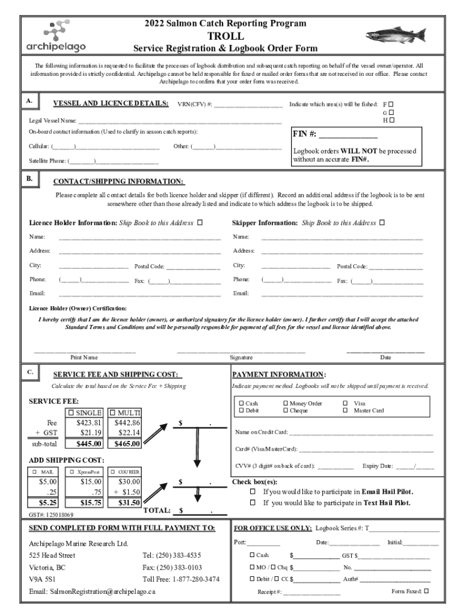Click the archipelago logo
pos(56,35)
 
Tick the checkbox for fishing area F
pos(391,104)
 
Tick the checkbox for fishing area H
pos(391,120)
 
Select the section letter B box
pos(29,179)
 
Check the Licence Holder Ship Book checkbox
pos(200,223)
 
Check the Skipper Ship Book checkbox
pos(382,223)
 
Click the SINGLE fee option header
pos(85,413)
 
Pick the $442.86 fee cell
pos(127,423)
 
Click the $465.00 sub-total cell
pos(127,444)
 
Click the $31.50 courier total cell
pos(127,502)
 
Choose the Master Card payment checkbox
pos(345,411)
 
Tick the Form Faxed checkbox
pos(426,591)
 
